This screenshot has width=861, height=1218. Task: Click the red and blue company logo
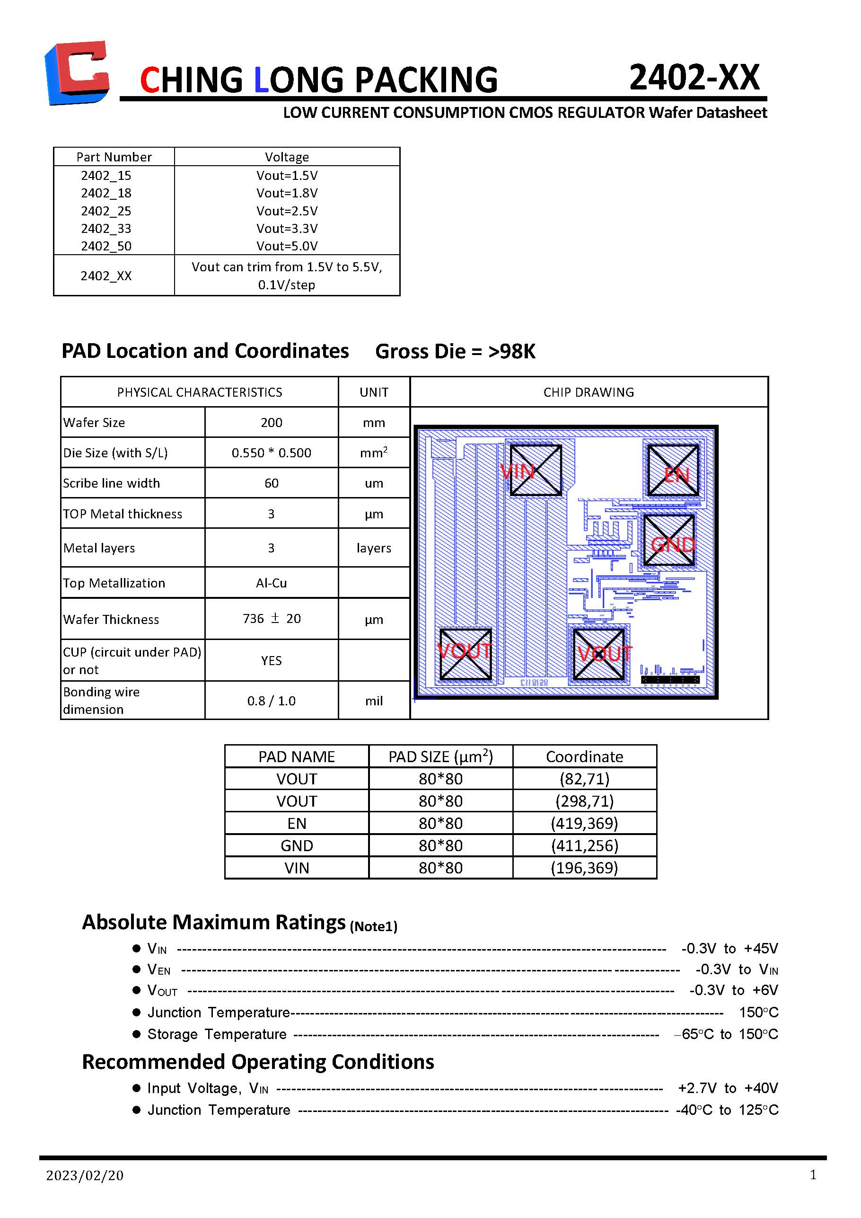tap(78, 73)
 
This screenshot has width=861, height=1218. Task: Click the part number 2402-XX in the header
tap(694, 78)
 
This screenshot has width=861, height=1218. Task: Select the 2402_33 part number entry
tap(106, 229)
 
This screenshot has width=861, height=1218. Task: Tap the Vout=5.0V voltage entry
tap(287, 246)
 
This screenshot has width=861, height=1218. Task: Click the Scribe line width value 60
tap(272, 483)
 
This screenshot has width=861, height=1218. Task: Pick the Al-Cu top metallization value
tap(272, 583)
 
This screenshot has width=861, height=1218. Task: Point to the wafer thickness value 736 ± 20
tap(272, 619)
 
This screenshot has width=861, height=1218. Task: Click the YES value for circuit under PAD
tap(272, 660)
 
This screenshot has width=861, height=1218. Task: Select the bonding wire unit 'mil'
tap(374, 701)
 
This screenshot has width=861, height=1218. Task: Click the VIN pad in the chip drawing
tap(536, 471)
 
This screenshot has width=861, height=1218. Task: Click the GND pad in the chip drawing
tap(669, 541)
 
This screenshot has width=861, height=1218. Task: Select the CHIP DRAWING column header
tap(589, 392)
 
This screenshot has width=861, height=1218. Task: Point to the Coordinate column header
tap(584, 756)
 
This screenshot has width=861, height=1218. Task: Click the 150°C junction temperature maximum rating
tap(759, 1012)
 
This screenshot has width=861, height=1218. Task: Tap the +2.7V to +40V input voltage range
tap(728, 1088)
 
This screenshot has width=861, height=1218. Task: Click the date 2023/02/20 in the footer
tap(85, 1175)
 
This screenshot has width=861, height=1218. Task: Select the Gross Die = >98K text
tap(455, 351)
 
